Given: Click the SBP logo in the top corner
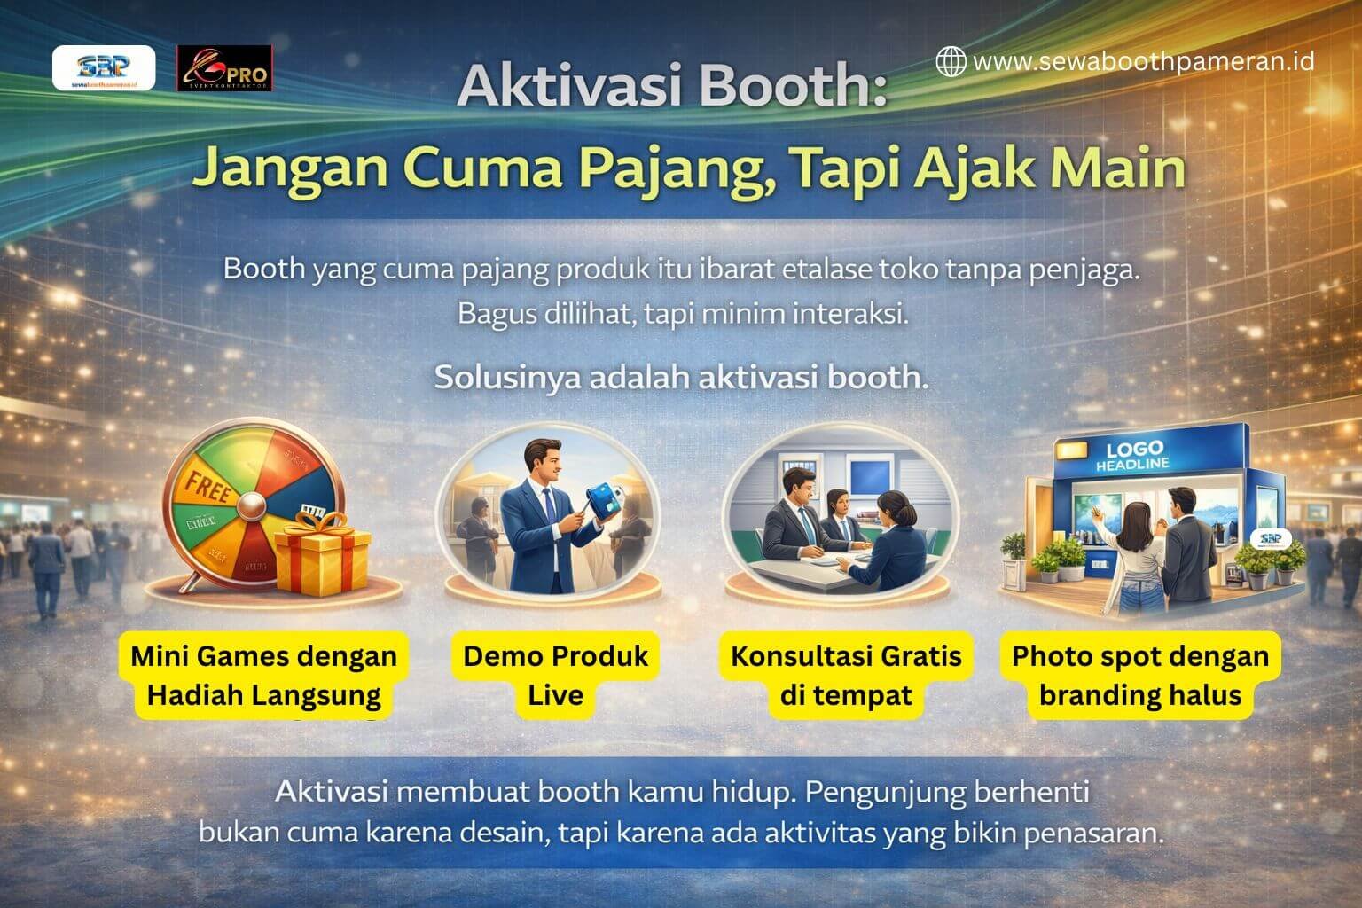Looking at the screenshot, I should pos(104,67).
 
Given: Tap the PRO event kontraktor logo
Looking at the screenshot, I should pos(224,67).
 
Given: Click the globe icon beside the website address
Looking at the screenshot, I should pos(951,61).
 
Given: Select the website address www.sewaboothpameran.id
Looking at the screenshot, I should pos(1143,61).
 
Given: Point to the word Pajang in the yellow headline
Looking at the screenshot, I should pos(670,168).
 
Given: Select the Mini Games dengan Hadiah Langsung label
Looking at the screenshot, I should pos(263,676).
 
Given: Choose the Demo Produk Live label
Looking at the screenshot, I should pos(555,674).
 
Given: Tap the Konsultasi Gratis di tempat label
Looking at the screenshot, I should pos(845,674).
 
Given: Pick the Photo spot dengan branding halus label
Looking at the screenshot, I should pos(1140,674).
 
